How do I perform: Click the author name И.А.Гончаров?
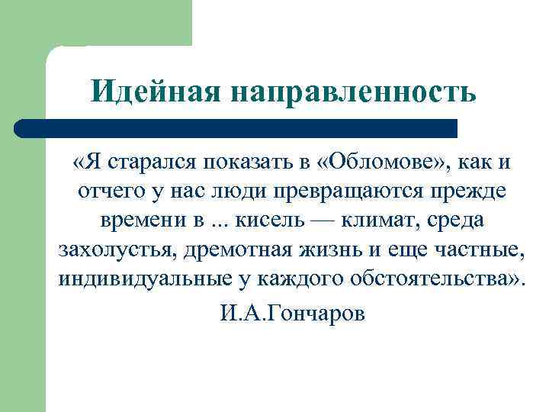(292, 314)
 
